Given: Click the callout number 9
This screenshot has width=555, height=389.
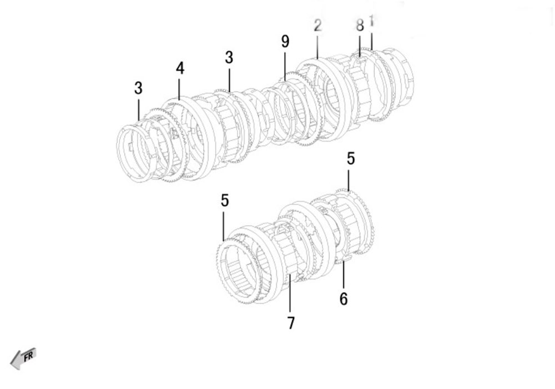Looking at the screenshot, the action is tap(285, 42).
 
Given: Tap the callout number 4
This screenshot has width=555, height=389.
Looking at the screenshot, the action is tap(180, 68).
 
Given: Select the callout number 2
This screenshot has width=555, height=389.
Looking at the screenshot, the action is tap(317, 26).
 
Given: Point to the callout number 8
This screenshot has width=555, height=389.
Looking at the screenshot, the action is tap(360, 26).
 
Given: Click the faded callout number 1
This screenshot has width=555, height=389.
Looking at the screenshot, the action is tap(371, 20).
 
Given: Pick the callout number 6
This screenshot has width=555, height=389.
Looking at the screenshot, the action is tap(344, 298).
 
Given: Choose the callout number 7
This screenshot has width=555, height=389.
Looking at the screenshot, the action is tap(291, 323).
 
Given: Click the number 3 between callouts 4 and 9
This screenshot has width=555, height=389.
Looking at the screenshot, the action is tap(229, 57).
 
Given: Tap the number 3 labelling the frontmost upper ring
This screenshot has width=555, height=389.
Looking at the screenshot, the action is tap(138, 88).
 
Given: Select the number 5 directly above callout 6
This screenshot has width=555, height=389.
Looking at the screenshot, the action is tap(350, 158).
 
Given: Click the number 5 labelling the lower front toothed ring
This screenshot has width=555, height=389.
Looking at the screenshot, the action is tap(224, 201).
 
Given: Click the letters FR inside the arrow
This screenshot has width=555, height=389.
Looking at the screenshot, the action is tap(28, 356).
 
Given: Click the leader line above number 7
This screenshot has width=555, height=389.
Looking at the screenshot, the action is tap(290, 293).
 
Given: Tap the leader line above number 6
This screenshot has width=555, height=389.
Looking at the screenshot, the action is tap(343, 276).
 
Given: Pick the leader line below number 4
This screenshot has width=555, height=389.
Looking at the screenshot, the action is tap(179, 89).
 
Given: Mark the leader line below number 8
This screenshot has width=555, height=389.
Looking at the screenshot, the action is tap(360, 45).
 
